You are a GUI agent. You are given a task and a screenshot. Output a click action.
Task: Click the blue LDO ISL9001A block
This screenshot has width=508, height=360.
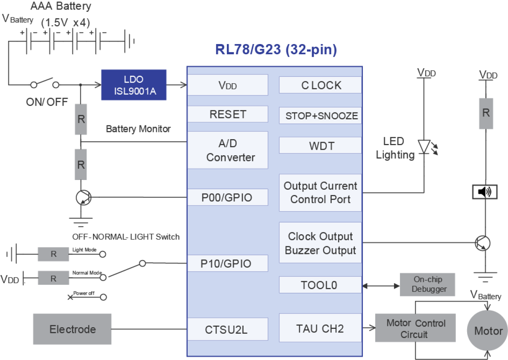(133, 85)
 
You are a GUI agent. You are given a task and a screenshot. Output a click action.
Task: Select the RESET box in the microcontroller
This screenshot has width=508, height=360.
(227, 114)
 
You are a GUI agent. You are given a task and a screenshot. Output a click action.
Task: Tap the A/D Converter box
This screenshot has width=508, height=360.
(227, 150)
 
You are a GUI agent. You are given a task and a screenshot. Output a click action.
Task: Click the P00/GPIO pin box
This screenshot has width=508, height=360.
(227, 197)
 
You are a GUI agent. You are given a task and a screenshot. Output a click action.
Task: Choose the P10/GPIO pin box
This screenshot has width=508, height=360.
(227, 263)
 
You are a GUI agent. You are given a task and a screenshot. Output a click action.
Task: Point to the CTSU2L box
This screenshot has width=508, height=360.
(227, 329)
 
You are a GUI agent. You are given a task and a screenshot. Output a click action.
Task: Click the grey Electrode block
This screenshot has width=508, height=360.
(72, 329)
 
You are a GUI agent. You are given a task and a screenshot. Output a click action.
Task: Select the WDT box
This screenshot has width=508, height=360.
(320, 145)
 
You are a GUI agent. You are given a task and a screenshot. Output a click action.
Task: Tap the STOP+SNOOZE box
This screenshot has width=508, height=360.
(320, 116)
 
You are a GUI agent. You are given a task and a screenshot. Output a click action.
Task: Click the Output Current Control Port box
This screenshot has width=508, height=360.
(320, 193)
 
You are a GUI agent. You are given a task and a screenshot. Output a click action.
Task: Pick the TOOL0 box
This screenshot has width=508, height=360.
(320, 285)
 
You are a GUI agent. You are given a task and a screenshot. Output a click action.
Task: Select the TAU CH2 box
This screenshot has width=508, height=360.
(320, 328)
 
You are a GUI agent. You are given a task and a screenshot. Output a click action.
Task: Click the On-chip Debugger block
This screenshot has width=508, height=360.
(428, 284)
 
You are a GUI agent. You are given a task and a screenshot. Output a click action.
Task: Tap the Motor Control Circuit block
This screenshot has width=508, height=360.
(415, 328)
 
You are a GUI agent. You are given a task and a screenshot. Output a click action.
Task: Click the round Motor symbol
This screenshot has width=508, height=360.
(488, 331)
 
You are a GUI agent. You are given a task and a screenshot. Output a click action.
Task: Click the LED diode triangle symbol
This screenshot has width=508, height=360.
(424, 146)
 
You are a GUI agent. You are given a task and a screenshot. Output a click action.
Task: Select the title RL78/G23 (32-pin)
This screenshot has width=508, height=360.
(276, 50)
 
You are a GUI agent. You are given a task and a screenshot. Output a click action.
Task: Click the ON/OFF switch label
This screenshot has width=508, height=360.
(47, 102)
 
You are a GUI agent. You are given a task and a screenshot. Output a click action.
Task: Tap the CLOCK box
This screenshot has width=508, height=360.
(320, 85)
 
